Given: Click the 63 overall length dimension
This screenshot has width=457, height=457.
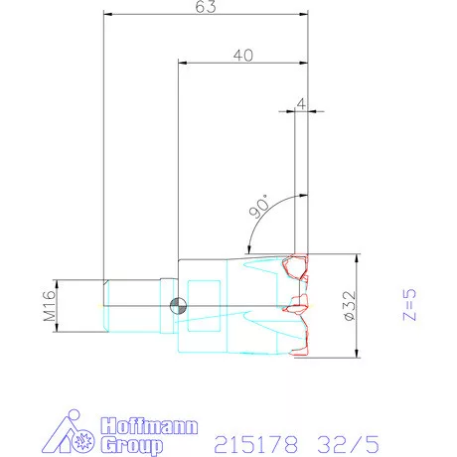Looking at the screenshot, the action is click(x=206, y=7).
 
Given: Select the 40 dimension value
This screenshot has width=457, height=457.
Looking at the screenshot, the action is click(x=243, y=56).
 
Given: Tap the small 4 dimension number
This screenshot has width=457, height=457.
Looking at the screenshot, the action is click(x=301, y=104).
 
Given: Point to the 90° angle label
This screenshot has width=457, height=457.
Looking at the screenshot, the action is click(x=260, y=207).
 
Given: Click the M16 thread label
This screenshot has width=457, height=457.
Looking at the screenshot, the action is click(x=50, y=306).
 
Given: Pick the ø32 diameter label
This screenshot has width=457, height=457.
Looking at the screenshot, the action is click(x=350, y=306).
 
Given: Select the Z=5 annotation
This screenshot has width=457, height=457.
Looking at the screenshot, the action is click(x=409, y=305).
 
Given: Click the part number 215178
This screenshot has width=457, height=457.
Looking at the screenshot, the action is click(x=255, y=444).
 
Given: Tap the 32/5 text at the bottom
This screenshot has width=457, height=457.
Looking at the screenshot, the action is click(x=348, y=444).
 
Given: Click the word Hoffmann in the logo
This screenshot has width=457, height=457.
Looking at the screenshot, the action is click(x=149, y=426).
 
